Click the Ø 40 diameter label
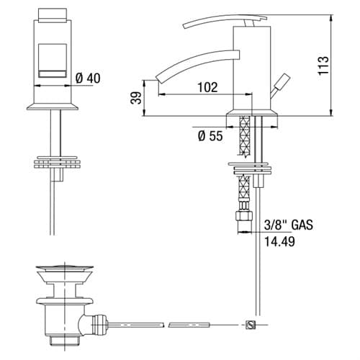pyautogui.click(x=88, y=78)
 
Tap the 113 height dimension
pyautogui.click(x=323, y=66)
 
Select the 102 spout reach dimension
pyautogui.click(x=207, y=87)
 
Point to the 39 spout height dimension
pyautogui.click(x=136, y=98)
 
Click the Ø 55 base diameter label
pyautogui.click(x=210, y=136)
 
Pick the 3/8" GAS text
pyautogui.click(x=289, y=225)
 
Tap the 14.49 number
pyautogui.click(x=279, y=241)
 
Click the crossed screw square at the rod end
pyautogui.click(x=251, y=325)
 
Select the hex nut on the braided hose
pyautogui.click(x=243, y=215)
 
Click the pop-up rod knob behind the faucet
pyautogui.click(x=284, y=81)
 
